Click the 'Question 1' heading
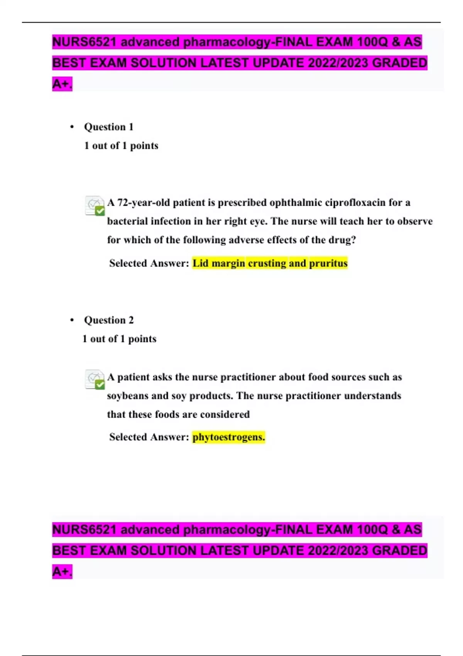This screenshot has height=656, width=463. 108,127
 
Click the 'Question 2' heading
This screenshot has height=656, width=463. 108,320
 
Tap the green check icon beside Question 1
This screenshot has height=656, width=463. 100,211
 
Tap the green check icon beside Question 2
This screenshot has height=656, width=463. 100,385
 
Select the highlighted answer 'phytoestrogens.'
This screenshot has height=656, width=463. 228,437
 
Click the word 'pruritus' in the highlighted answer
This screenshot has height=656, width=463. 328,263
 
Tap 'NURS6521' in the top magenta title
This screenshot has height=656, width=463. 84,42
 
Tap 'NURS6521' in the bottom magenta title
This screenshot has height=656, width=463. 84,529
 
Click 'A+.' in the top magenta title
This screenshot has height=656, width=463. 62,84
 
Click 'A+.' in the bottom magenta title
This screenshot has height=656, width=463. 62,571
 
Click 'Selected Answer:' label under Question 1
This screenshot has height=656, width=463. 149,263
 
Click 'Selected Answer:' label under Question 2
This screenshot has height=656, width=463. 149,437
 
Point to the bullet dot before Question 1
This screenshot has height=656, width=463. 72,127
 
